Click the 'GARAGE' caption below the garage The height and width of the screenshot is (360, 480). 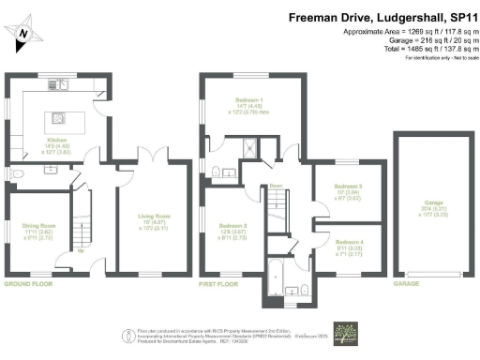406,283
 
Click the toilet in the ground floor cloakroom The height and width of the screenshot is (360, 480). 18,175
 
